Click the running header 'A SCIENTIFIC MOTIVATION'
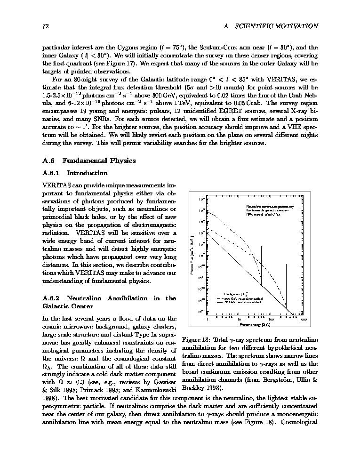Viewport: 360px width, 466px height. (x=271, y=26)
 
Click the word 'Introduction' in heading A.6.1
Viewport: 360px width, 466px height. (x=87, y=173)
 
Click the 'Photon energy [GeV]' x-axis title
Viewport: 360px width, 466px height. (x=255, y=324)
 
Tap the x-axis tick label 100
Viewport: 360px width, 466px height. (x=271, y=319)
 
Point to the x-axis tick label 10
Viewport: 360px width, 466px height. (x=240, y=319)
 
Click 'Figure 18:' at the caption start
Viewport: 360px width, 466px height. (x=195, y=340)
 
